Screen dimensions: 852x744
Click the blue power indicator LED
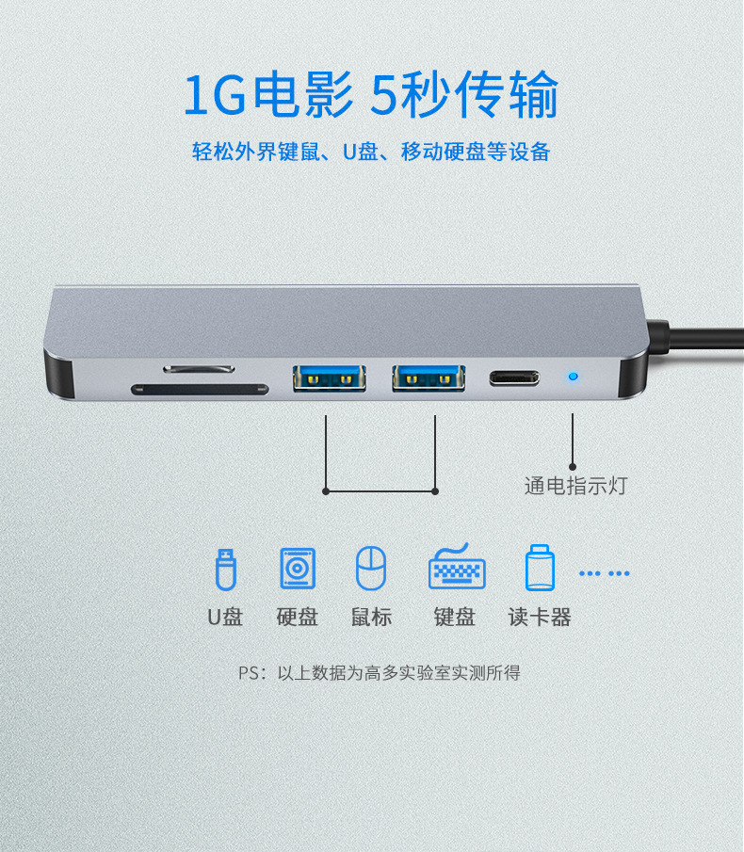572,379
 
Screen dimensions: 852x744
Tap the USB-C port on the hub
513,379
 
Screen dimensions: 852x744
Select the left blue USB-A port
329,378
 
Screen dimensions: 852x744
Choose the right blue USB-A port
429,378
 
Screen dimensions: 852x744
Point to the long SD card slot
199,388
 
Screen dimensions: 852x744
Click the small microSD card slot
199,366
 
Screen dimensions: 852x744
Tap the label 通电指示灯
574,486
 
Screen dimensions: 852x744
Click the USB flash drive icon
225,569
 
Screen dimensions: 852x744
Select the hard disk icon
298,569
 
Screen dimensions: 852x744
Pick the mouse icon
370,569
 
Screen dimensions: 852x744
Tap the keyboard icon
457,569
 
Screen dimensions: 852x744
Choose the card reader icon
540,569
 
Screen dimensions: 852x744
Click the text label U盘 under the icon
225,618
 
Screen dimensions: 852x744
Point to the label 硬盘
298,618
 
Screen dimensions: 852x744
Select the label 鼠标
371,618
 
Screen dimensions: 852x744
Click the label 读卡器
540,618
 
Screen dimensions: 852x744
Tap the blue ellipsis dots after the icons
604,572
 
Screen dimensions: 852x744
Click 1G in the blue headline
213,96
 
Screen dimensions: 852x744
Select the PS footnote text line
379,673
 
